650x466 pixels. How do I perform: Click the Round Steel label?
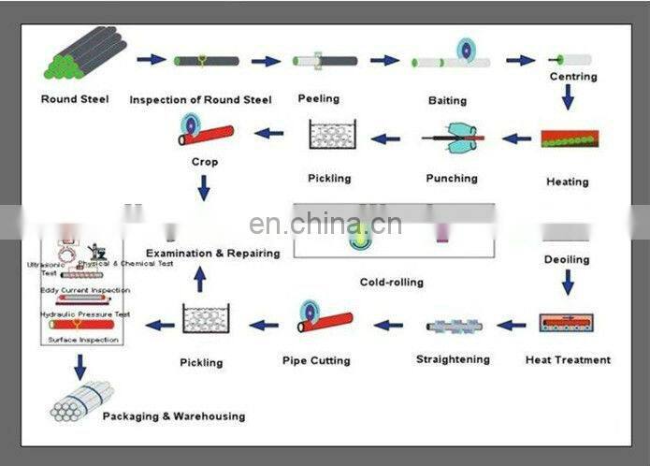[75, 99]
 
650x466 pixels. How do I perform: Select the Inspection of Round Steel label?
[200, 99]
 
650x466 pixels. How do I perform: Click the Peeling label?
[318, 98]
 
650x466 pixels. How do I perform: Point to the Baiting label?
[448, 99]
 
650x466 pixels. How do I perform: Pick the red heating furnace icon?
[570, 139]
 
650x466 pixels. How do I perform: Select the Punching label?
[452, 178]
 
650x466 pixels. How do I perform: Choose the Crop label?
[204, 162]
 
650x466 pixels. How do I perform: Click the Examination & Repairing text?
[212, 253]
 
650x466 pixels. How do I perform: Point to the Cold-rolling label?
[391, 282]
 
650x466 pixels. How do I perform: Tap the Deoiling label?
[567, 258]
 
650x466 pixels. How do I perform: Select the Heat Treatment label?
[568, 359]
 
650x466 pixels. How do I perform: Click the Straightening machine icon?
[453, 327]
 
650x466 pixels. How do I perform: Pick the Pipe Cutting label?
[316, 360]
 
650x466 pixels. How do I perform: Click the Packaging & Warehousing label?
[174, 415]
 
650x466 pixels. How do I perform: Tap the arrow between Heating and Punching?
[516, 138]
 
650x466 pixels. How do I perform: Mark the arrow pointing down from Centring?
[567, 97]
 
